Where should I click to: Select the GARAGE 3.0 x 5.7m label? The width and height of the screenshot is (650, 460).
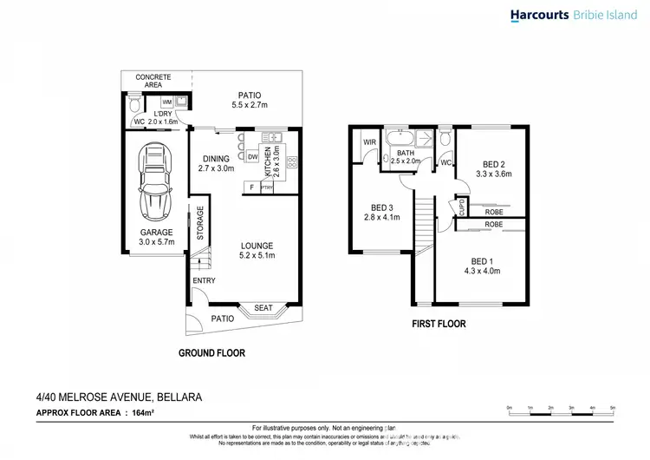157,237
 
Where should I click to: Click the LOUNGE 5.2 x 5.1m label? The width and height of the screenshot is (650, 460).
257,251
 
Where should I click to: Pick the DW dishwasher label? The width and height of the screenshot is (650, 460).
252,157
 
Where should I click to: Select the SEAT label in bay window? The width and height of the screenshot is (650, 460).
263,308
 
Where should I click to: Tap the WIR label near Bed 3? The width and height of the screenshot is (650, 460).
368,142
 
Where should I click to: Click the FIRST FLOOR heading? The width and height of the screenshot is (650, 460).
439,325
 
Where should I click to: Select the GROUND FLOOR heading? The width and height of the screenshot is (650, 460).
211,353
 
